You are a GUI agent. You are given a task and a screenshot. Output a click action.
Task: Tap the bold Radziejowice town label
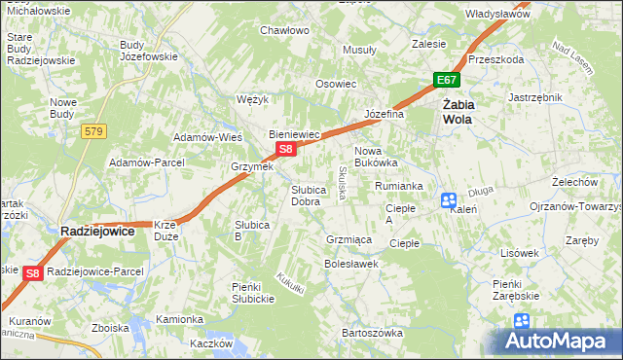(x=97, y=231)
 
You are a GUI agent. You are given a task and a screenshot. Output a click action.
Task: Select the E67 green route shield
(x=446, y=80)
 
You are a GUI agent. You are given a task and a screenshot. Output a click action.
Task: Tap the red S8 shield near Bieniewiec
(x=285, y=149)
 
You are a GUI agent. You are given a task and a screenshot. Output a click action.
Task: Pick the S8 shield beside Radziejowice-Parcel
(x=33, y=273)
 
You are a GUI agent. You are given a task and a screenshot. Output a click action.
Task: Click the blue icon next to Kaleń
(x=449, y=200)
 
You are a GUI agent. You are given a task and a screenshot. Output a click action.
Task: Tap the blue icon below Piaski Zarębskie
(x=522, y=320)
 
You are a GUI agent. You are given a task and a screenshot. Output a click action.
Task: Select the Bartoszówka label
(x=372, y=333)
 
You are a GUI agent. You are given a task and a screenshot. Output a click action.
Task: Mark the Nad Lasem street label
(x=572, y=58)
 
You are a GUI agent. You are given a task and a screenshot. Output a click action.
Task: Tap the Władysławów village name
(x=496, y=15)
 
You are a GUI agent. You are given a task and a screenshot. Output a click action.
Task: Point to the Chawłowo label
(x=284, y=30)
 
